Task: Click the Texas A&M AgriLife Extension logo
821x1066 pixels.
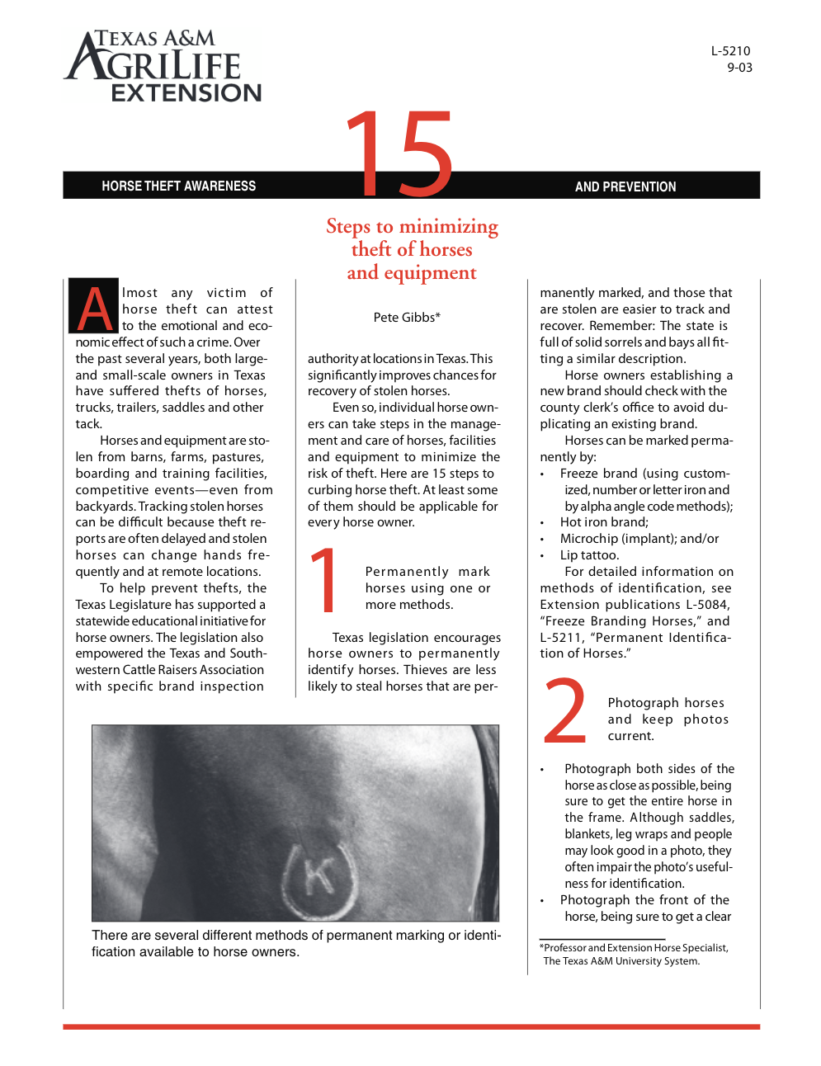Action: pos(163,66)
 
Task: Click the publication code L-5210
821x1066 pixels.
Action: pos(730,51)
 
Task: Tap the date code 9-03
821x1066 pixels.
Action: pos(739,68)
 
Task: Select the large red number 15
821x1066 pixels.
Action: pos(399,154)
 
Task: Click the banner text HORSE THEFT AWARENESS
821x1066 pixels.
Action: pos(178,186)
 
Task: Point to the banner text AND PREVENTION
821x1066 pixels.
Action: pos(625,187)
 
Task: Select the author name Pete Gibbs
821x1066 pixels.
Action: pos(406,317)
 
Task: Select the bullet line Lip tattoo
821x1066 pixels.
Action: pos(589,555)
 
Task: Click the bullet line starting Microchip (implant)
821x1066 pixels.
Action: pos(639,539)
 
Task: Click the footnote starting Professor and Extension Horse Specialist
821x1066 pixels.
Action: pos(634,954)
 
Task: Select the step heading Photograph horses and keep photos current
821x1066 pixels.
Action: pos(667,719)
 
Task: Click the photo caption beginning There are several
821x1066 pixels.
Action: pos(295,943)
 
